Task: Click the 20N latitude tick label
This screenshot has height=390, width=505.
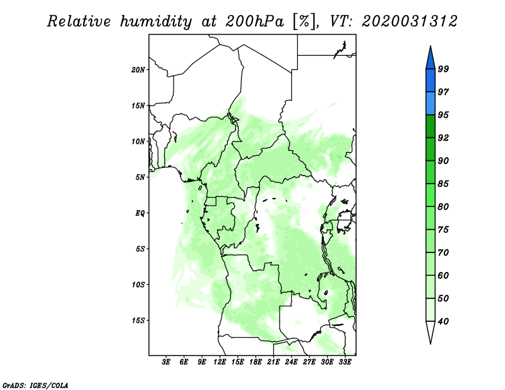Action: [x=138, y=69]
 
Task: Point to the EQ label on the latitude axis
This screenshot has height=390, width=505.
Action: [x=140, y=213]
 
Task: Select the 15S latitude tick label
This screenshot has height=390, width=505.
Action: [x=138, y=320]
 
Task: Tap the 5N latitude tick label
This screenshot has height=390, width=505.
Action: [x=140, y=177]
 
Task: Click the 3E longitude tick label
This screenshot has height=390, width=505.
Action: [x=165, y=362]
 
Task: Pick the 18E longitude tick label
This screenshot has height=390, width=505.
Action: [x=256, y=362]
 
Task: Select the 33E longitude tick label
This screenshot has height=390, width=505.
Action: [x=345, y=362]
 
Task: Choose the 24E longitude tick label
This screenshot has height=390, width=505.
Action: [x=291, y=362]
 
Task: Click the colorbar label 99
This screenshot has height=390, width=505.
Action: [x=443, y=69]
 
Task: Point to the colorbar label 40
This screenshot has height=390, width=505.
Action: [x=443, y=321]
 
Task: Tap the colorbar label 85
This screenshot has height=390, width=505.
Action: [x=443, y=184]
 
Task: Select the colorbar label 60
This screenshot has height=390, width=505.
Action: [x=443, y=275]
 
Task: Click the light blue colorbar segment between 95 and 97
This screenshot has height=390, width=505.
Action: [x=431, y=103]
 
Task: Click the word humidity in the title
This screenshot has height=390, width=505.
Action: [x=156, y=21]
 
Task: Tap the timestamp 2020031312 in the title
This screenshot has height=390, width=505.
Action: [x=409, y=21]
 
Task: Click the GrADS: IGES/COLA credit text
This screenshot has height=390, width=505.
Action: [x=35, y=385]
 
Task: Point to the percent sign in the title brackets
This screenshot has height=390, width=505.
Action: [x=304, y=21]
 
